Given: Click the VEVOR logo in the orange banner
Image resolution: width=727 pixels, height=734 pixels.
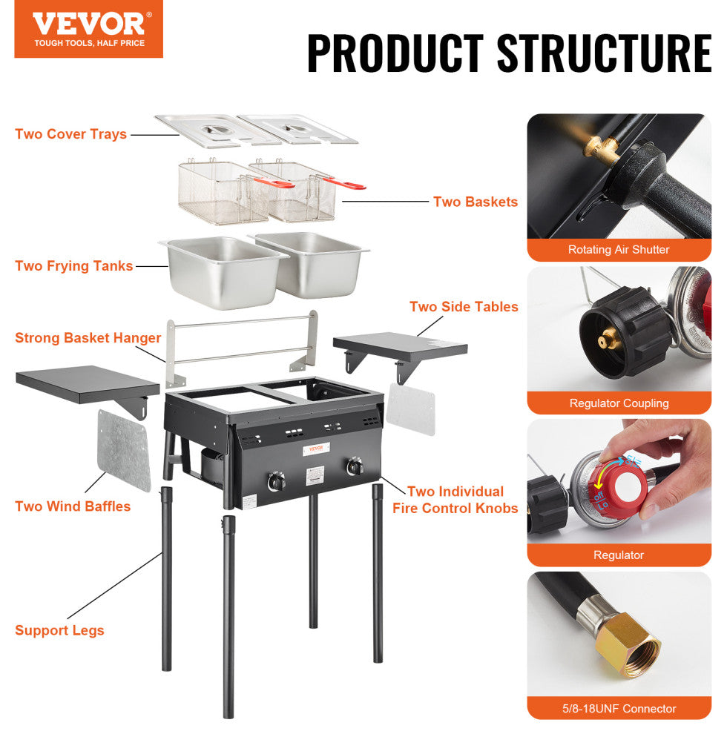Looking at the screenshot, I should pos(88,24).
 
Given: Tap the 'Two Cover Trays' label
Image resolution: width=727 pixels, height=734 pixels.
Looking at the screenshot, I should pos(71,134).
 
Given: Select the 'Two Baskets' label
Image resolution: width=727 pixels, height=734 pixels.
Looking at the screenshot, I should pos(476,202).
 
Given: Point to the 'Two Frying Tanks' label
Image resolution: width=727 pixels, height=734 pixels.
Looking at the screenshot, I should pos(74,266).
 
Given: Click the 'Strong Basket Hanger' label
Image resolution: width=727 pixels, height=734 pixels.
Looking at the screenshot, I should pos(88,338).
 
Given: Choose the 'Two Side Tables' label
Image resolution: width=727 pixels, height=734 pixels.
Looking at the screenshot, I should pos(464,306).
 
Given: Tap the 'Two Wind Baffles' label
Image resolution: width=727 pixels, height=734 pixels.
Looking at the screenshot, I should pos(73,506).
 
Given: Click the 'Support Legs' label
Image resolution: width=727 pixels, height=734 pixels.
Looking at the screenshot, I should pos(59,630).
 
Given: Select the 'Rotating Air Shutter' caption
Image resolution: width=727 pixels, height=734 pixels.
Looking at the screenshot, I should pos(619,250).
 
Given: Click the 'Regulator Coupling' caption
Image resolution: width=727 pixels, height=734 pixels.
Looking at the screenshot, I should pos(619,403).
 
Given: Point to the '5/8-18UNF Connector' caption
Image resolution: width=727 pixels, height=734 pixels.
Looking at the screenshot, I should pos(619,709).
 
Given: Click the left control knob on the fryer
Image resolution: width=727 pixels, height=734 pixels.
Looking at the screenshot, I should pos(276,482).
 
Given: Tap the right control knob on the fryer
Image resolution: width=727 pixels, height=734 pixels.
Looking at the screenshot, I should pos(354,467).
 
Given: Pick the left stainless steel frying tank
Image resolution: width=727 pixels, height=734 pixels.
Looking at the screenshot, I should pos(222,271).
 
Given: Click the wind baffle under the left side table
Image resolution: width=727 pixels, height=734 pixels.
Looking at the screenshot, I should pos(124,450).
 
